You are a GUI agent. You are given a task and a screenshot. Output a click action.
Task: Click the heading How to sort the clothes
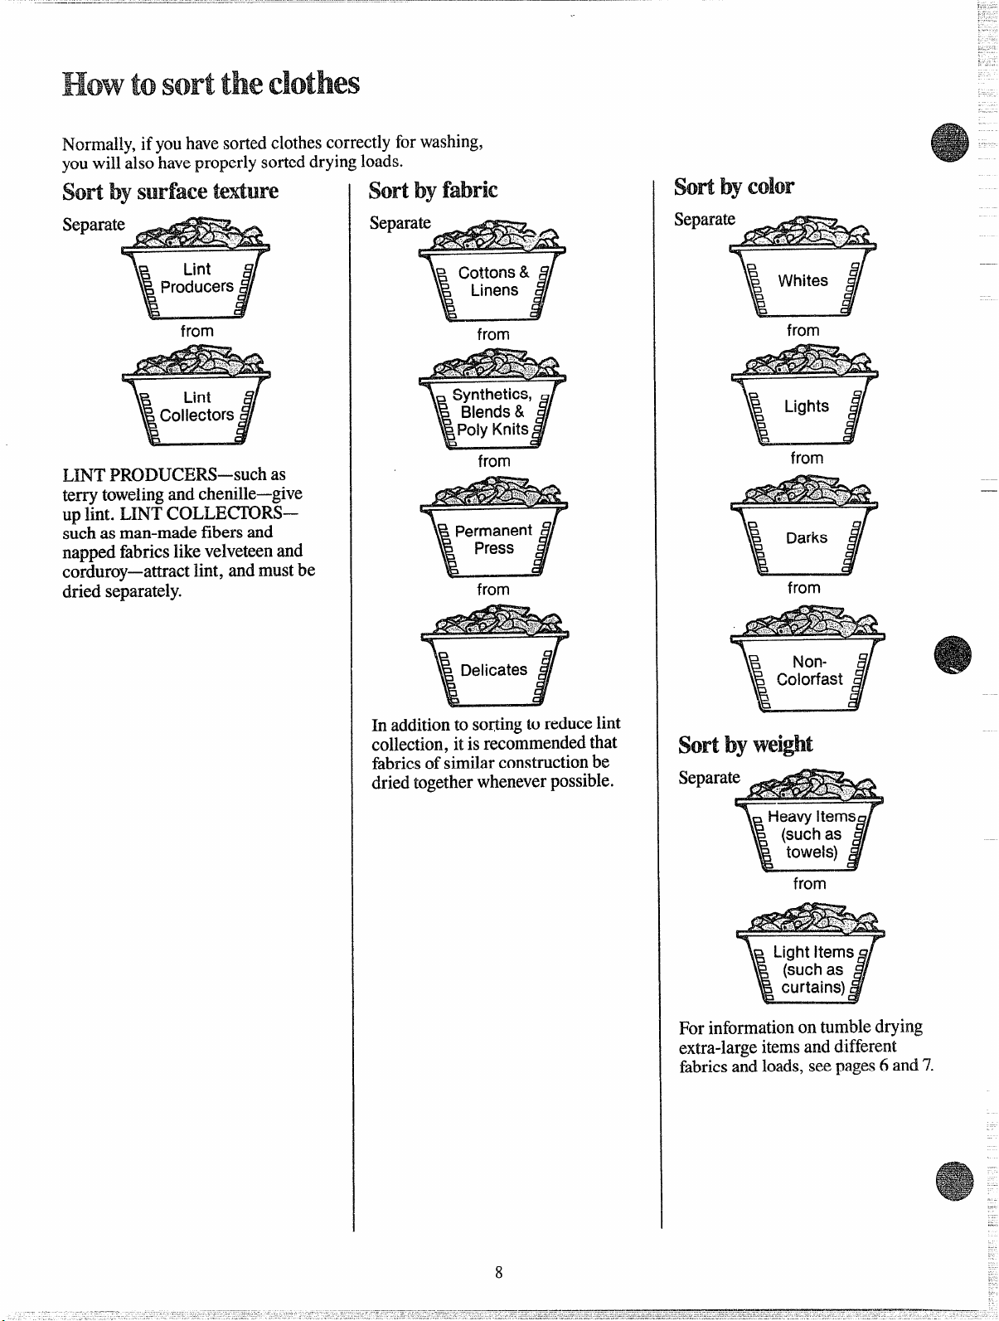211,84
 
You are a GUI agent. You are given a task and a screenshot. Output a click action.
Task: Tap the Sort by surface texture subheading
170,192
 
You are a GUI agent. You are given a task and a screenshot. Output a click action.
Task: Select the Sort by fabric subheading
433,191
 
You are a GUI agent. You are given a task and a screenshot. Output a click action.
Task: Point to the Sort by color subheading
734,187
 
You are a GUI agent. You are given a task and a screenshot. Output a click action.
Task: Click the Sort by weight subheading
745,745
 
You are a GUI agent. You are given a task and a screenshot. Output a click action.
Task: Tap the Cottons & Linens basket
492,271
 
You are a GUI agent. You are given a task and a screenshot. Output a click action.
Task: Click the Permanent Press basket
494,527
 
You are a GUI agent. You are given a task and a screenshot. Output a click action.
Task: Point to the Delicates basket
494,656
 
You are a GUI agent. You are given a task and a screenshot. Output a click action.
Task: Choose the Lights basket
805,394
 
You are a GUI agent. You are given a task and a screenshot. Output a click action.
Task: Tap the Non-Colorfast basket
807,659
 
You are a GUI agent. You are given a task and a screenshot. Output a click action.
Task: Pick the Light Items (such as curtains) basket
811,954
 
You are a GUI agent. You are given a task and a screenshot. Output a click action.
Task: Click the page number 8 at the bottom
498,1272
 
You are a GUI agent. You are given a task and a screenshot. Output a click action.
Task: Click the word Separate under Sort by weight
709,778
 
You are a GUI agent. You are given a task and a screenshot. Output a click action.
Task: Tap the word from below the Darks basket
803,587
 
